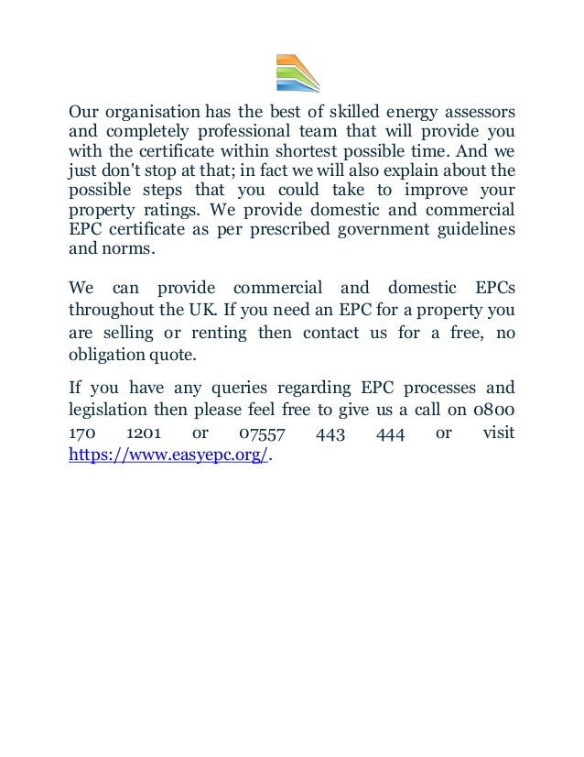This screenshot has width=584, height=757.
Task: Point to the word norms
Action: click(132, 247)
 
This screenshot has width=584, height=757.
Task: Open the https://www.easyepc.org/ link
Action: click(169, 454)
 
